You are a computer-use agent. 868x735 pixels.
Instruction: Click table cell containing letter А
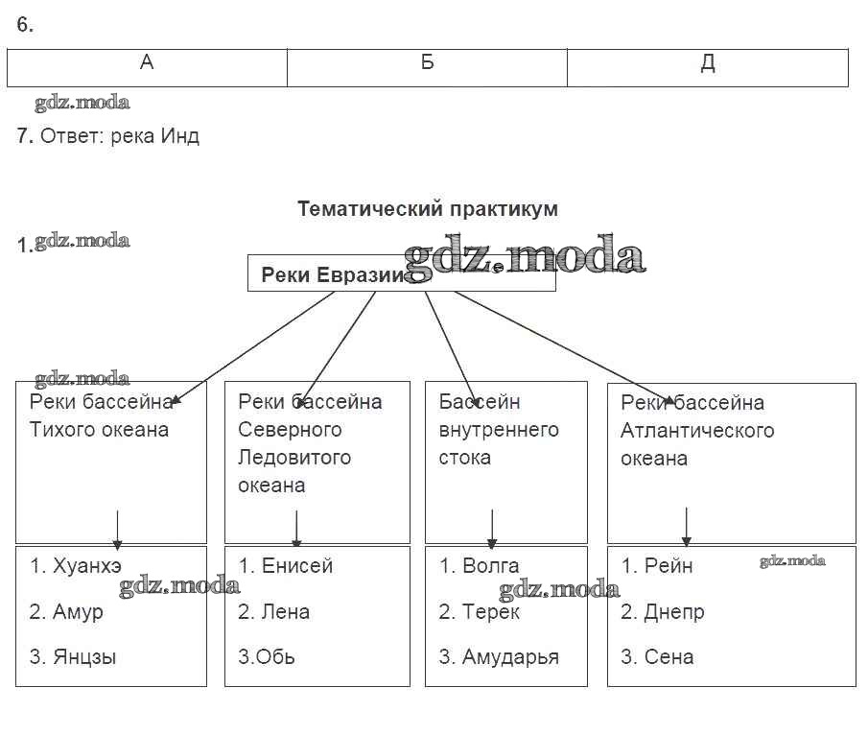coord(147,63)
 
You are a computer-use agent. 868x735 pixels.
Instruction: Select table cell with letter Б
coord(427,63)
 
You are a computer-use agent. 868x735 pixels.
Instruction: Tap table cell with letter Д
coord(707,63)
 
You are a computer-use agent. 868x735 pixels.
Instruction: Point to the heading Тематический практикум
coord(427,208)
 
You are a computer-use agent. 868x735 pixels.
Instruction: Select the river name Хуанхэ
coord(87,565)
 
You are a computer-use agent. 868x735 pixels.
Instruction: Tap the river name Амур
coord(78,611)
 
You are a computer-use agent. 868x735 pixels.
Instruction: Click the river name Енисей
coord(297,565)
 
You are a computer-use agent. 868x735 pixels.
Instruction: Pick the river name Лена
coord(286,611)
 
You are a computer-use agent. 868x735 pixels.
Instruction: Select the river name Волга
coord(490,565)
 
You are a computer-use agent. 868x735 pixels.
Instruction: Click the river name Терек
coord(490,611)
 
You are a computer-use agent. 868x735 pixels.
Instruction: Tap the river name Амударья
coord(510,657)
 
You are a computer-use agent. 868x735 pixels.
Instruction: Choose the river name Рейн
coord(669,565)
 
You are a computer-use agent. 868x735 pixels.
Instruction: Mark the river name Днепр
coord(674,611)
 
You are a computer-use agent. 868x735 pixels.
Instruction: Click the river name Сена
coord(669,657)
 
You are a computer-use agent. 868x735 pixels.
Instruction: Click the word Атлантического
coord(697,430)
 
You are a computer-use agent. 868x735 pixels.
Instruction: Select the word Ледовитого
coord(294,457)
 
